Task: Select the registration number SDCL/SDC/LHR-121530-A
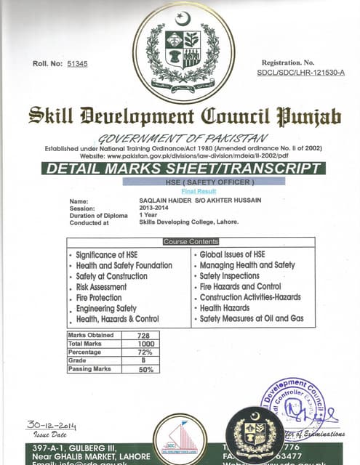(x=300, y=73)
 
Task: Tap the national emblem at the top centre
(x=183, y=51)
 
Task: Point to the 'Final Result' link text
(x=184, y=189)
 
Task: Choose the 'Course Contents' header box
(x=191, y=241)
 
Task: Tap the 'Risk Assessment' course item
(x=101, y=287)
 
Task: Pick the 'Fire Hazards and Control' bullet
(x=239, y=287)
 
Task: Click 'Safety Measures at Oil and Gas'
(x=252, y=319)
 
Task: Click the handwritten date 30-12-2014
(x=51, y=426)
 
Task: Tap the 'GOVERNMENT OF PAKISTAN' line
(x=183, y=138)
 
